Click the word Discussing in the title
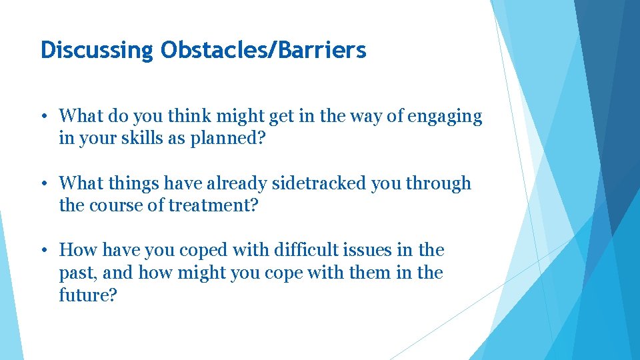(97, 50)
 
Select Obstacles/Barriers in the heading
(263, 50)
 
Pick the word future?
(88, 295)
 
